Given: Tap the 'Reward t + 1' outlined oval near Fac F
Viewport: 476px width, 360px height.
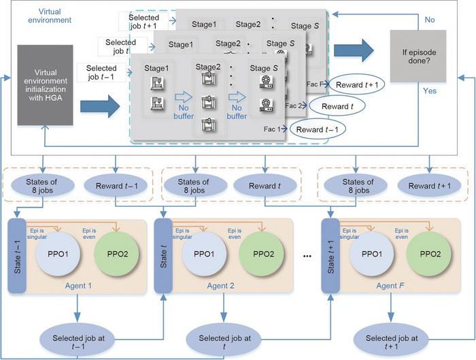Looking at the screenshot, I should pos(358,84).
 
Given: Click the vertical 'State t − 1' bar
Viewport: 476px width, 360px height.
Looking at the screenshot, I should pos(17,254).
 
